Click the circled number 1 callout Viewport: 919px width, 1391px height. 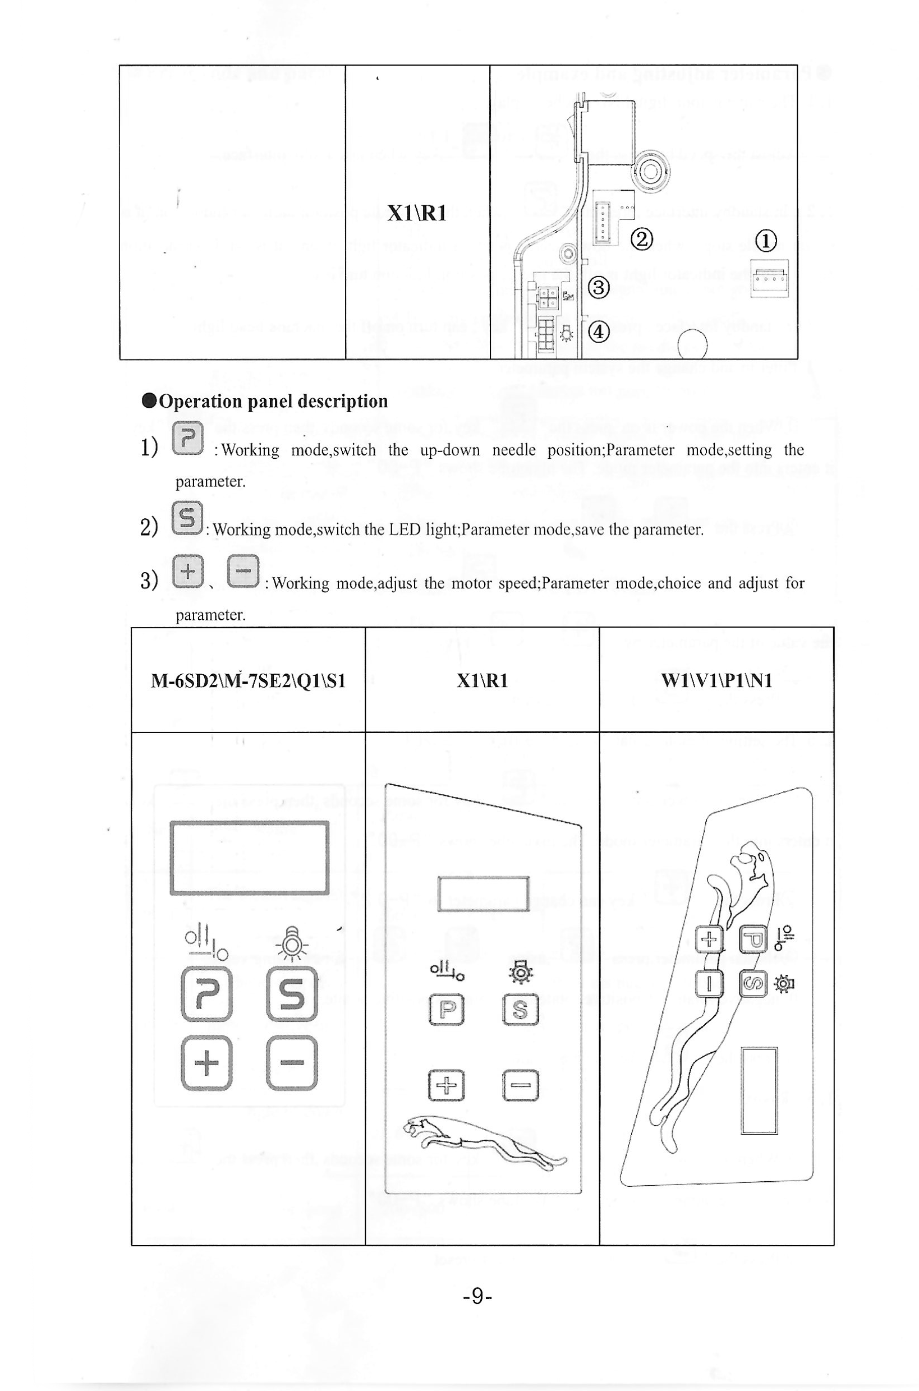click(766, 240)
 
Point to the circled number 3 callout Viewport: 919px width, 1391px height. click(600, 288)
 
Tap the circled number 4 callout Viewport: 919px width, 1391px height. click(599, 332)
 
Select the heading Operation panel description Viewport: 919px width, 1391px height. click(265, 402)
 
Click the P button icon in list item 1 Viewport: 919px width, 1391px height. click(187, 438)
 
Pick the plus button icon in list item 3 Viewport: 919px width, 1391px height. click(187, 570)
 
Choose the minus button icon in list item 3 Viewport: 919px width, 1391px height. click(242, 570)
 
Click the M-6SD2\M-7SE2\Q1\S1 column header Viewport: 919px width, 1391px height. click(248, 681)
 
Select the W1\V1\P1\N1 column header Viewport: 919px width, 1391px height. click(716, 681)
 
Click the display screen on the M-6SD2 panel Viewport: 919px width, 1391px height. click(249, 858)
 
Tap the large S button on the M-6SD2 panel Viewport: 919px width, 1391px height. click(292, 994)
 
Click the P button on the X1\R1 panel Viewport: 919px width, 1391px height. click(447, 1009)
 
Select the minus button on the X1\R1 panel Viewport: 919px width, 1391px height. click(521, 1085)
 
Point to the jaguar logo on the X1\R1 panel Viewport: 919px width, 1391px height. click(484, 1140)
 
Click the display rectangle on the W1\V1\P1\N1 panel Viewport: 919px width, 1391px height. click(759, 1091)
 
